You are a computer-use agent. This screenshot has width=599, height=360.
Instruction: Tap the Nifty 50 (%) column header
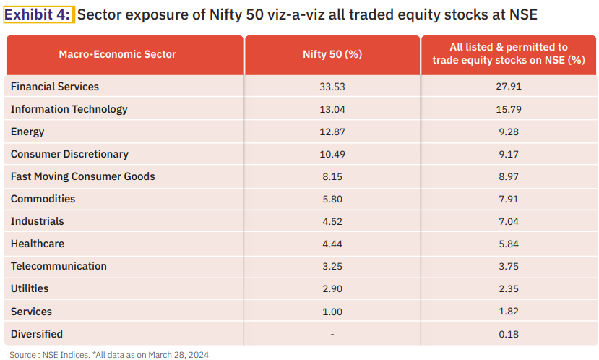coord(332,54)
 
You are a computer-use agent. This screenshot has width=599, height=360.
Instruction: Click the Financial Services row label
coord(55,87)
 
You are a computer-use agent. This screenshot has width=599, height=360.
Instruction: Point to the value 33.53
coord(332,87)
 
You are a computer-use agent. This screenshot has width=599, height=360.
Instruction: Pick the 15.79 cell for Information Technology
coord(508,109)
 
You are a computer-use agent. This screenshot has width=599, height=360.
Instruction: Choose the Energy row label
coord(27,132)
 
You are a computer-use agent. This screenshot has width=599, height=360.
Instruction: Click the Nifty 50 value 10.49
coord(332,154)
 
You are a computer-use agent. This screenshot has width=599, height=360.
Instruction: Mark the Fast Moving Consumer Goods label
coord(83,176)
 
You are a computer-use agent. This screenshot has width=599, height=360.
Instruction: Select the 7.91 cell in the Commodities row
coord(508,199)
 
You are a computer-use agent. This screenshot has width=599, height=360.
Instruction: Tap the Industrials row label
coord(38,221)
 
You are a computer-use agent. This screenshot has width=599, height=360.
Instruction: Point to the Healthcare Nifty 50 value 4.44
coord(332,244)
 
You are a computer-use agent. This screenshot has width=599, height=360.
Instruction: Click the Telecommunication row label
coord(59,266)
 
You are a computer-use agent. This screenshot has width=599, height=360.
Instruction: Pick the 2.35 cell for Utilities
coord(508,288)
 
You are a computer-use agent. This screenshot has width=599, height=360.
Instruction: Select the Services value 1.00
coord(332,312)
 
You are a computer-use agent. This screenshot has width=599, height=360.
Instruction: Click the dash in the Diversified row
coord(332,334)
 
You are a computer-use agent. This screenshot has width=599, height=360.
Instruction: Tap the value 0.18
coord(508,334)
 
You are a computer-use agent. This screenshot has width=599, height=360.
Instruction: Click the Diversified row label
coord(37,334)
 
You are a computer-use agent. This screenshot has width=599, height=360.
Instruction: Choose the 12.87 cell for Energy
coord(332,132)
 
